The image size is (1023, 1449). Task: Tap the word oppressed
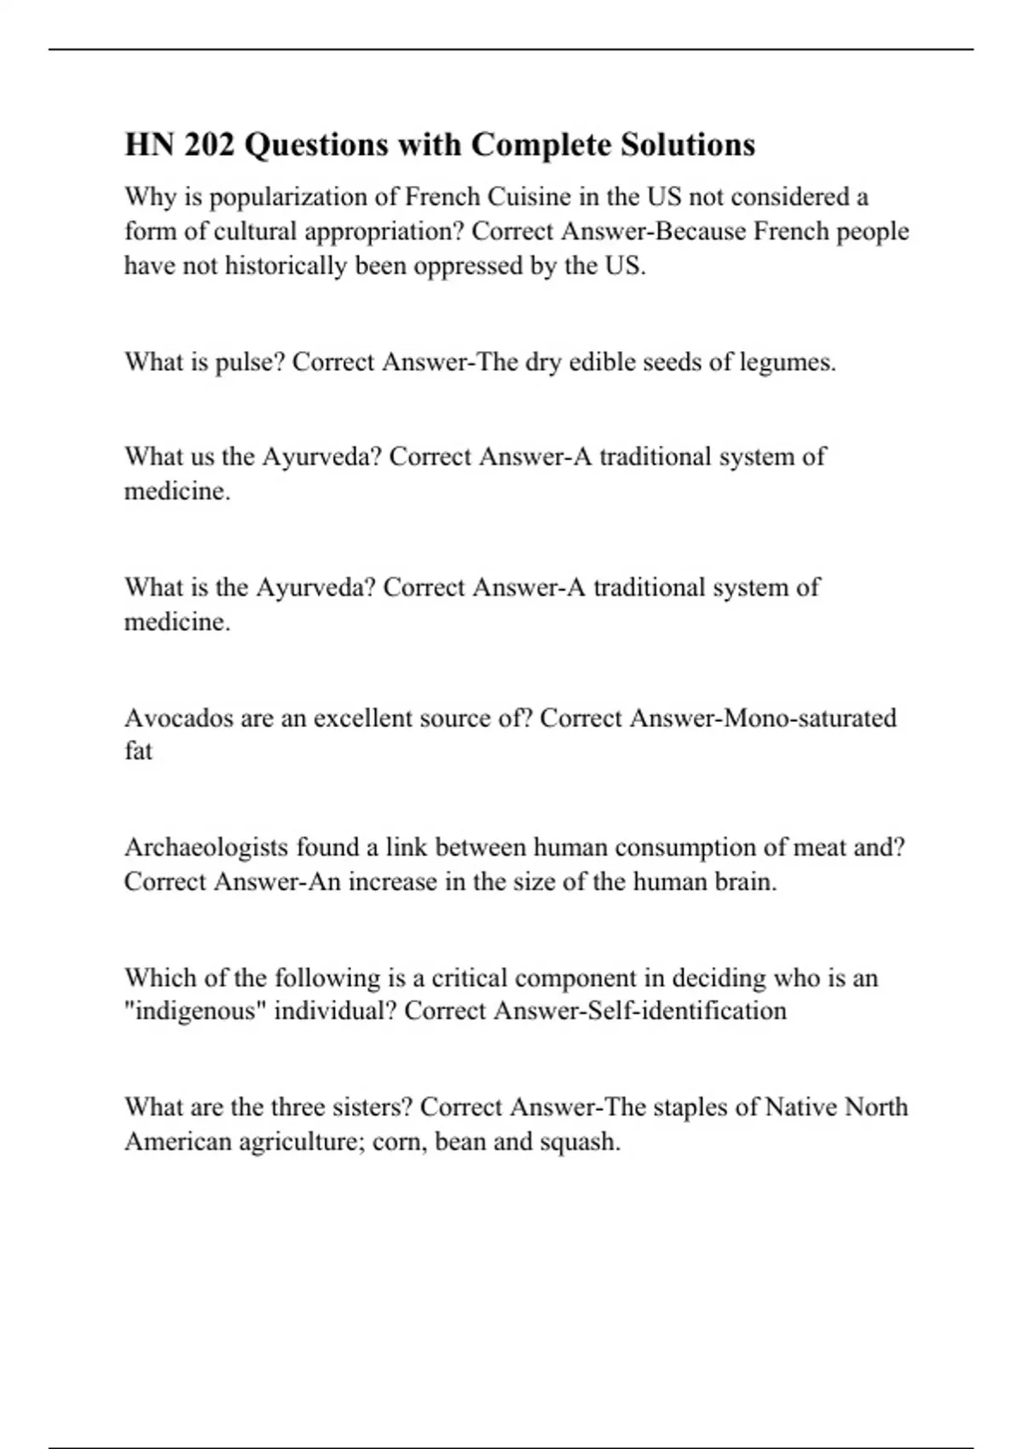point(468,266)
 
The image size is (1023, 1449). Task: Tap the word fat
point(138,751)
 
